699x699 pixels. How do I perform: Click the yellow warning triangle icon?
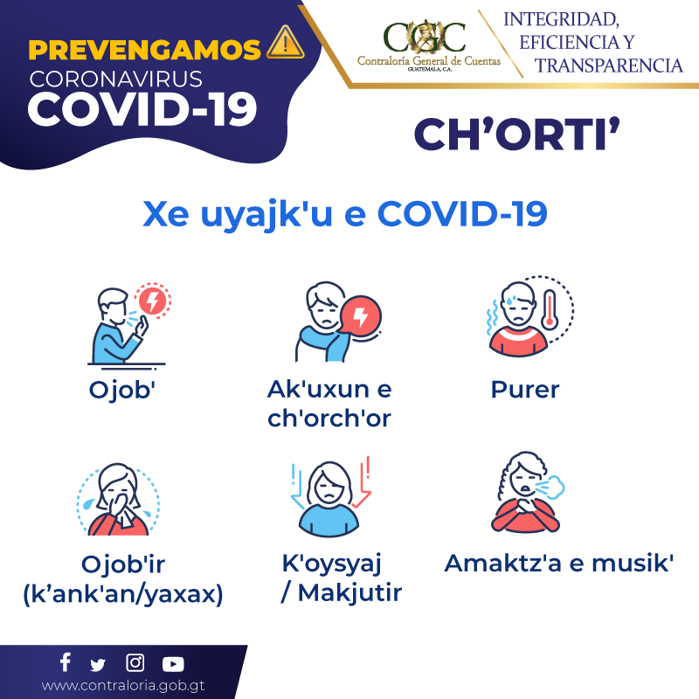pos(286,43)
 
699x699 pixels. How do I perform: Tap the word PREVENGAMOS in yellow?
pos(144,50)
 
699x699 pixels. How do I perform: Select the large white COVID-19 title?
pos(142,109)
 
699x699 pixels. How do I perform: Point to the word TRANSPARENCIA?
pos(608,66)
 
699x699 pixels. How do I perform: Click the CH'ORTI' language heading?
pos(516,134)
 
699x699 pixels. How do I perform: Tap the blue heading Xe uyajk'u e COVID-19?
pos(344,214)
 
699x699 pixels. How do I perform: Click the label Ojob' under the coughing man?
pos(122,390)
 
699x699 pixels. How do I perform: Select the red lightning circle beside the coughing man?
pos(152,301)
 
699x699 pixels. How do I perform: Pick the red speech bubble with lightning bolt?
pos(360,316)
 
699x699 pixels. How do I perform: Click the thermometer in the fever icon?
pos(550,309)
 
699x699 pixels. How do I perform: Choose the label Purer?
pos(525,390)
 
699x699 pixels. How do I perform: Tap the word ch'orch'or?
pos(329,418)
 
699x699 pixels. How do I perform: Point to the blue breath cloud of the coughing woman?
pos(550,488)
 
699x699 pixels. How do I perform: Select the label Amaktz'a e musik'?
pos(558,563)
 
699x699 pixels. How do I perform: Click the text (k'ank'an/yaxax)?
pos(123,594)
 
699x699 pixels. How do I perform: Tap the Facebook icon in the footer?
pos(66,662)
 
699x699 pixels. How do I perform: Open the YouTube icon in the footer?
pos(173,664)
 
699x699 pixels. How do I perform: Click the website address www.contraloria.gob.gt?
pos(123,686)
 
